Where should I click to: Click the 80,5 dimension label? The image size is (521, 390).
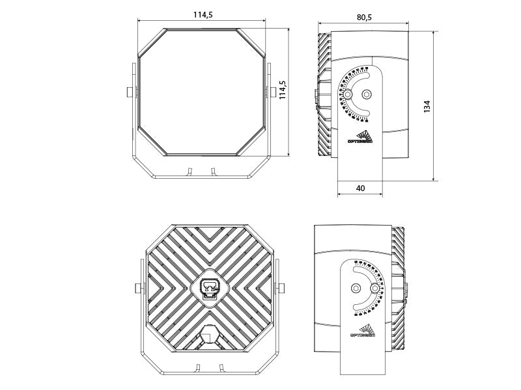(365, 18)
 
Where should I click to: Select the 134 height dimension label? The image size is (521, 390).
(427, 106)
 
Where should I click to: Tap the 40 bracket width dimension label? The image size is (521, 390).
(360, 188)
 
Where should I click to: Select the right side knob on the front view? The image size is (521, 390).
(272, 91)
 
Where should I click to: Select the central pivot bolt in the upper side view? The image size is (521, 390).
(366, 94)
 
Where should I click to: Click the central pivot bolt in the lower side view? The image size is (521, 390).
(355, 288)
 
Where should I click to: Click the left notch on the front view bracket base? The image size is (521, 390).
(189, 172)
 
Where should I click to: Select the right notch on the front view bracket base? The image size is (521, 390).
(212, 172)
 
